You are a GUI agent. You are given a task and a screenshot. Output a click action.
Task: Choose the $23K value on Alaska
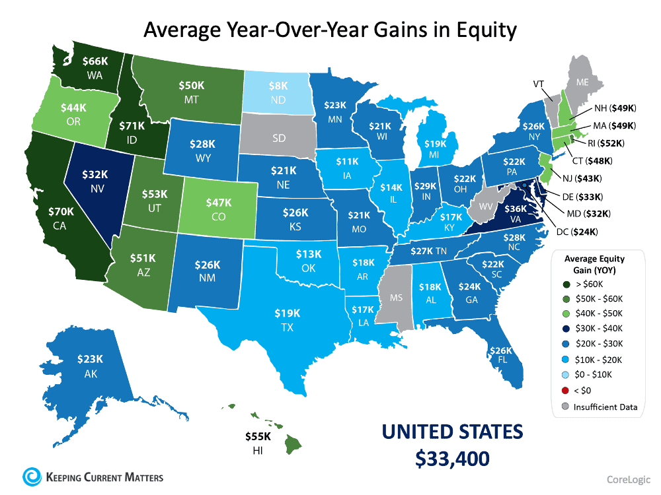point(90,360)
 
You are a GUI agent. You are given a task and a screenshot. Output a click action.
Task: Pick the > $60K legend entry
point(589,284)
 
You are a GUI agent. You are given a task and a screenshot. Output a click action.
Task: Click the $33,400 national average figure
point(453,457)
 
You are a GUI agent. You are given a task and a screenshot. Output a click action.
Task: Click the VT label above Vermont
point(539,84)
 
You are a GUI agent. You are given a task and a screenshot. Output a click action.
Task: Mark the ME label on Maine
point(582,83)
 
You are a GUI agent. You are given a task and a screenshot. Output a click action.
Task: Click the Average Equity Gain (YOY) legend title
point(595,264)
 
